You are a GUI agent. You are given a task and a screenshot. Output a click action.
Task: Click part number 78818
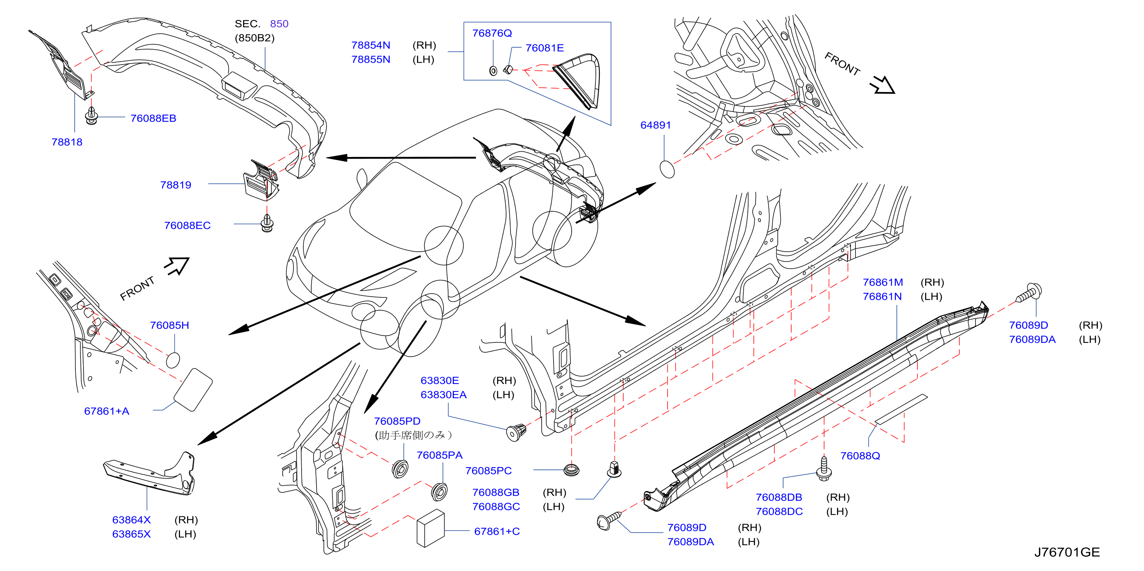click(67, 142)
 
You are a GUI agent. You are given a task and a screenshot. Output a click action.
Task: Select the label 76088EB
click(153, 118)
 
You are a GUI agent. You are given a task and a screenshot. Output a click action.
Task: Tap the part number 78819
click(175, 185)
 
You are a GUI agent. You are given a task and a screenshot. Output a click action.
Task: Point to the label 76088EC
click(187, 225)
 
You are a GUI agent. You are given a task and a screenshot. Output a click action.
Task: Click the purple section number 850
click(279, 23)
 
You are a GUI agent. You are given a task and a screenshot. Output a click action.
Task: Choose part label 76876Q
click(492, 33)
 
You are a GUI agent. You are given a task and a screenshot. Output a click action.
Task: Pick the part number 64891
click(655, 125)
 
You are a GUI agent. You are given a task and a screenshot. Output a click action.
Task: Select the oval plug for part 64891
click(667, 169)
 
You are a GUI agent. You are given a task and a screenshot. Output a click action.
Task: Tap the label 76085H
click(170, 325)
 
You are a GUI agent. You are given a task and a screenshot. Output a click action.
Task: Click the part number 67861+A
click(107, 411)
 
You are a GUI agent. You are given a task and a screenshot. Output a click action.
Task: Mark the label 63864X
click(132, 520)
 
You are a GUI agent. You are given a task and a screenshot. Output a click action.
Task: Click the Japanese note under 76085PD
click(413, 435)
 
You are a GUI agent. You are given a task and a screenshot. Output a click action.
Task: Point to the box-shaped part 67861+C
click(430, 528)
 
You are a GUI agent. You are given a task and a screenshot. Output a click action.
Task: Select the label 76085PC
click(489, 471)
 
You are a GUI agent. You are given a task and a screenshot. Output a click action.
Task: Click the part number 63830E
click(440, 381)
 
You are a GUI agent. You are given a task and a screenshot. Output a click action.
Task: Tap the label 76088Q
click(860, 456)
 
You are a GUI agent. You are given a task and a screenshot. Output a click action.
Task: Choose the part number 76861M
click(883, 282)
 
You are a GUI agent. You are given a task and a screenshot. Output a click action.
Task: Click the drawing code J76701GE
click(1067, 552)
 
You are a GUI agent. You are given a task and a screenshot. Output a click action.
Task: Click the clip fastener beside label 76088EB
click(92, 115)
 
